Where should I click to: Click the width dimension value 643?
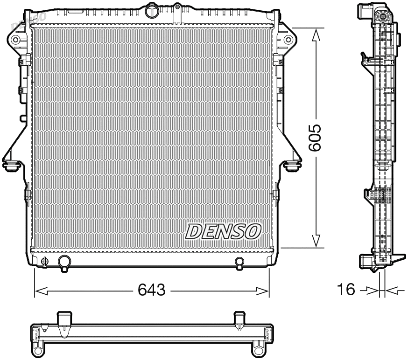pyautogui.click(x=152, y=290)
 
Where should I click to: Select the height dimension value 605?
pyautogui.click(x=316, y=138)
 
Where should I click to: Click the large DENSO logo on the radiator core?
pyautogui.click(x=224, y=231)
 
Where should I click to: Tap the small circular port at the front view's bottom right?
pyautogui.click(x=239, y=262)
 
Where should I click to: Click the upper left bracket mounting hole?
pyautogui.click(x=16, y=39)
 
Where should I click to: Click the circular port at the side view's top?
pyautogui.click(x=382, y=18)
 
